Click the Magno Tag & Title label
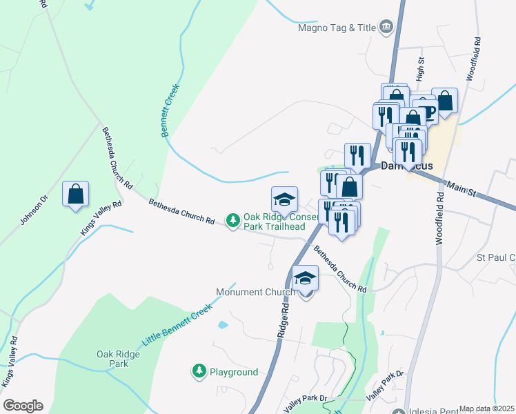tap(337, 28)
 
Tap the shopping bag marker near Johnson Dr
tap(75, 194)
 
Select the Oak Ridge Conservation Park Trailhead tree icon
tap(234, 220)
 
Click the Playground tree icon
tap(199, 371)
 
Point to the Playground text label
tap(234, 372)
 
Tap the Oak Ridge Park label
tap(112, 358)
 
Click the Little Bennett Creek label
tap(176, 326)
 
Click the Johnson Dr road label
tap(34, 210)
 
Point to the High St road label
tap(419, 68)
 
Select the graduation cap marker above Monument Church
tap(305, 278)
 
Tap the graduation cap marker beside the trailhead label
tap(284, 199)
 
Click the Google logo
tap(23, 406)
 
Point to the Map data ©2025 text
tap(487, 408)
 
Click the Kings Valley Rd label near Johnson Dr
tap(101, 219)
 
